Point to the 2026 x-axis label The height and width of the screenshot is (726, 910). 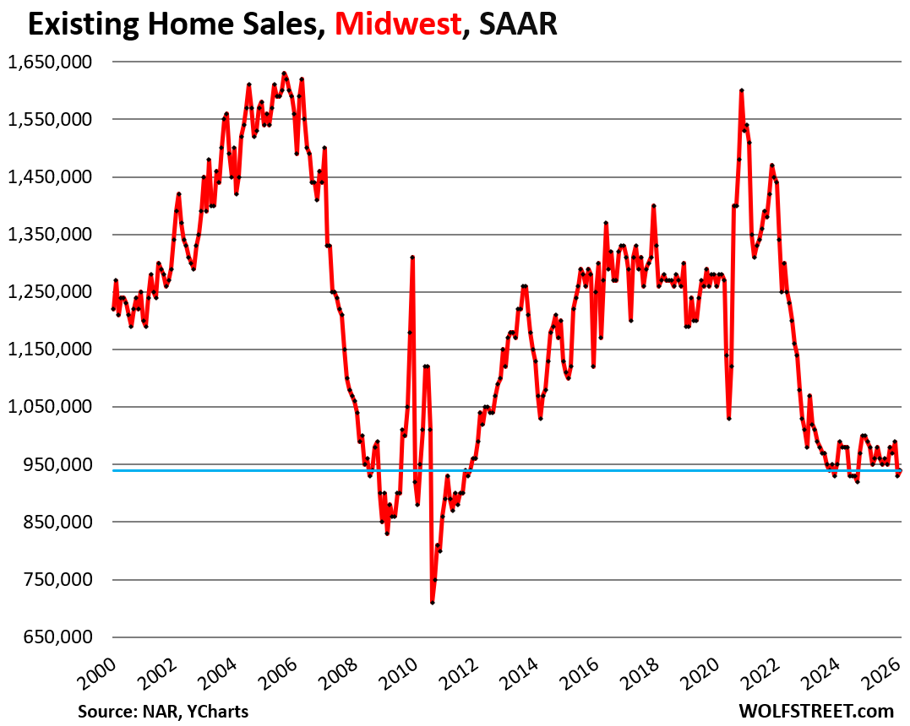(x=878, y=675)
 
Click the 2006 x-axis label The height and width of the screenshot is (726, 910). (x=274, y=675)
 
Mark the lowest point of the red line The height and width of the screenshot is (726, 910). (x=432, y=602)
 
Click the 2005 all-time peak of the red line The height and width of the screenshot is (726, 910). (x=284, y=73)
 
